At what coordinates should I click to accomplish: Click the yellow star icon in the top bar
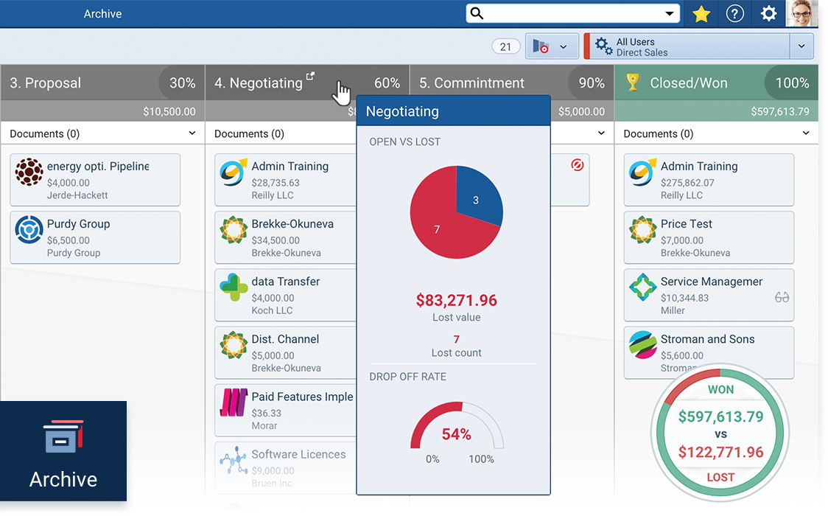coord(701,14)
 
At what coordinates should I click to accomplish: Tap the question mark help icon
coord(734,14)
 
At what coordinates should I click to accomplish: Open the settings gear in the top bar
coord(768,14)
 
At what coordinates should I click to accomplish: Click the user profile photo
coord(801,13)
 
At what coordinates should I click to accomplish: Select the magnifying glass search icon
coord(477,14)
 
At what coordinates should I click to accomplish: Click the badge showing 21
coord(505,46)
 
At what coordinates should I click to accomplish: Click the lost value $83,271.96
coord(456,301)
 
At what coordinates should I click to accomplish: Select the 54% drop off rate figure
coord(456,434)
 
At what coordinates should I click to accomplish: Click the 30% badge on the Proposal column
coord(182,83)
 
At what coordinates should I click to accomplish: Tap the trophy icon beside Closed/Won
coord(633,83)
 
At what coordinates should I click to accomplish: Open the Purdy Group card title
coord(78,224)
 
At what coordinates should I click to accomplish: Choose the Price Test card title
coord(686,224)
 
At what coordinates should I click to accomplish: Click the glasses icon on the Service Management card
coord(782,297)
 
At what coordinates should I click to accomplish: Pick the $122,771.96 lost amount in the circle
coord(720,452)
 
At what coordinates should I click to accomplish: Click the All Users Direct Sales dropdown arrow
coord(801,46)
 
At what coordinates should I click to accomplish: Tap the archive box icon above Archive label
coord(63,436)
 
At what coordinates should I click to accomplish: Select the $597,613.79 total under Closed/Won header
coord(779,112)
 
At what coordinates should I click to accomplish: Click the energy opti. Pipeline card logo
coord(29,172)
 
